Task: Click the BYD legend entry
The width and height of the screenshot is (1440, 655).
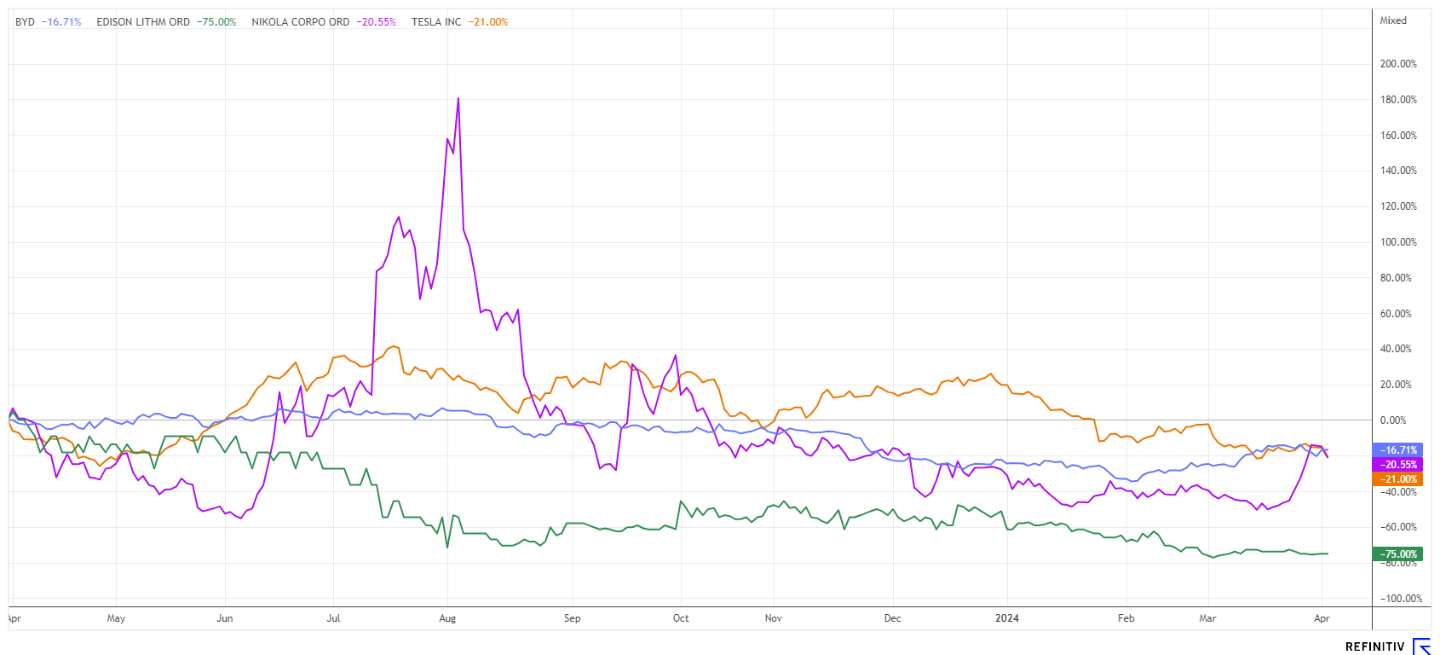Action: (x=26, y=22)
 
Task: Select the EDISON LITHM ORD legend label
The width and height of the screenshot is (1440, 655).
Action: (x=143, y=22)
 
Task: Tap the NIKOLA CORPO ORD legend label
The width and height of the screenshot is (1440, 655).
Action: (x=300, y=22)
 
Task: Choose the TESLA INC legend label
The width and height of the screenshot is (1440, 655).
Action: (x=436, y=22)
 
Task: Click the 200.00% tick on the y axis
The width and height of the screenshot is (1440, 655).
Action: (x=1398, y=64)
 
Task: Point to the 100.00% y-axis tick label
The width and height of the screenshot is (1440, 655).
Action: (x=1398, y=242)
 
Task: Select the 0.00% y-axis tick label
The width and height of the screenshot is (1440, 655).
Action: (x=1393, y=420)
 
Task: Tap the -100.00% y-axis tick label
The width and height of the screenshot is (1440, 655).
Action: (x=1401, y=599)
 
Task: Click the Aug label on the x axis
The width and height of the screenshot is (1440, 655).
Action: (x=447, y=618)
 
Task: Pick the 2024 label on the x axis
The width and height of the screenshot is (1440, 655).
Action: (x=1007, y=618)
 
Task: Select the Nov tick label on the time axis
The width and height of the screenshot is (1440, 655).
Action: (x=773, y=618)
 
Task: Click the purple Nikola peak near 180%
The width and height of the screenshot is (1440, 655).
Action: (x=458, y=98)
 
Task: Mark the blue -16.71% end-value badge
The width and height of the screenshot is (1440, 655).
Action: (x=1397, y=450)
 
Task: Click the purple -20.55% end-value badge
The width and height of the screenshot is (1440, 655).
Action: (x=1397, y=465)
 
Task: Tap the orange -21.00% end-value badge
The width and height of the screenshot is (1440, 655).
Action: (x=1397, y=479)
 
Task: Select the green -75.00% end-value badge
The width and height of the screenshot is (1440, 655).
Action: (x=1397, y=554)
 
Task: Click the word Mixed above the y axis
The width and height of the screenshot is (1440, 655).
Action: (x=1393, y=20)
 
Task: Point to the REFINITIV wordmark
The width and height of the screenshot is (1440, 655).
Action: (x=1374, y=647)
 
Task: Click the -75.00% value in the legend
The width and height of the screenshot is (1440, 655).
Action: (x=216, y=22)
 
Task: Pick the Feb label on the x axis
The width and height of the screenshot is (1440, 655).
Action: (x=1126, y=618)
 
